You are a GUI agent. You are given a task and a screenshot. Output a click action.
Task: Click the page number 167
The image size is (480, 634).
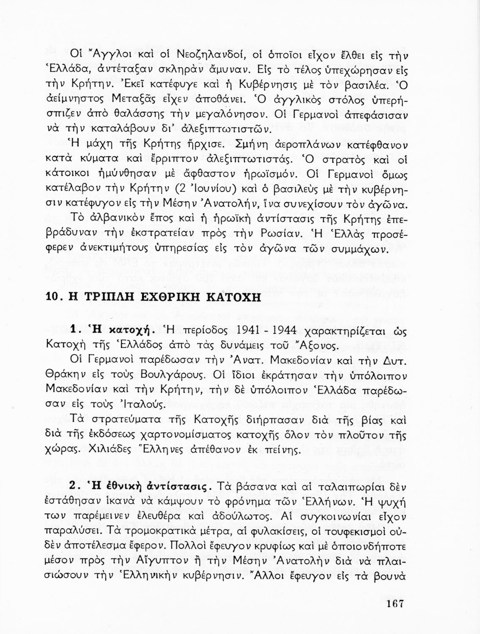pos(395,603)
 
